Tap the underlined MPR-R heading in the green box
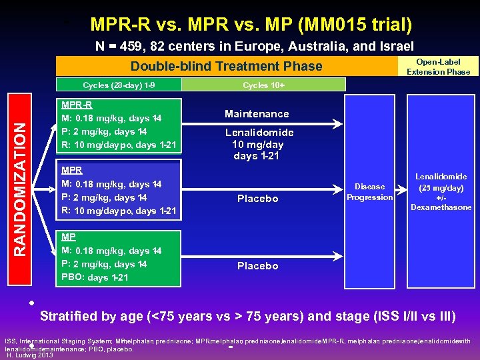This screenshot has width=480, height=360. pyautogui.click(x=77, y=105)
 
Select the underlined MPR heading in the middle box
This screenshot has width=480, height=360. pyautogui.click(x=71, y=170)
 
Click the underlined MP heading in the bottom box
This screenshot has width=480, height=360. pyautogui.click(x=68, y=237)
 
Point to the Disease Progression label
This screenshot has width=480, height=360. pyautogui.click(x=370, y=192)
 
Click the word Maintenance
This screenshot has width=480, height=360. pyautogui.click(x=257, y=114)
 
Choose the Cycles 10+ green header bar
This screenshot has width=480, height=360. pyautogui.click(x=264, y=85)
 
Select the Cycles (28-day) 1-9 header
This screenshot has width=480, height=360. pyautogui.click(x=119, y=85)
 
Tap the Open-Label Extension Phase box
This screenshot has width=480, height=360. pyautogui.click(x=438, y=67)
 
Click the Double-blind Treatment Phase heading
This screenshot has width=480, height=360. pyautogui.click(x=226, y=66)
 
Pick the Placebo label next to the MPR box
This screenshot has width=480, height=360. pyautogui.click(x=257, y=199)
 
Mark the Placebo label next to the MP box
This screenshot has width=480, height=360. pyautogui.click(x=257, y=266)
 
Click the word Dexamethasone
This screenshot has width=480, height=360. pyautogui.click(x=441, y=207)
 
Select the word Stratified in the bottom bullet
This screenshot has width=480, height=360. pyautogui.click(x=69, y=316)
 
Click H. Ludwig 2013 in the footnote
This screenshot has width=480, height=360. pyautogui.click(x=29, y=355)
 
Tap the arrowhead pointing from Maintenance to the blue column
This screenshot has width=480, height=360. pyautogui.click(x=338, y=123)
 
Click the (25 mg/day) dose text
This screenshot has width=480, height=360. pyautogui.click(x=441, y=187)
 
